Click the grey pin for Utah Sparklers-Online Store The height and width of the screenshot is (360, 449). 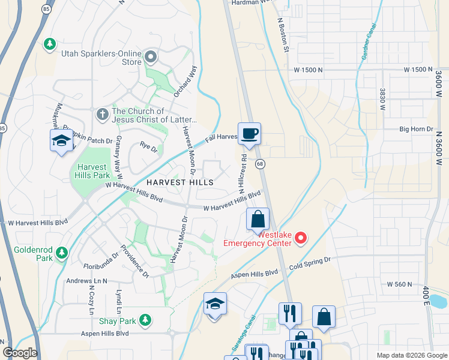[150, 58]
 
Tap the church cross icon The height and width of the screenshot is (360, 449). [102, 113]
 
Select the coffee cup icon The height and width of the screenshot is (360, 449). [249, 133]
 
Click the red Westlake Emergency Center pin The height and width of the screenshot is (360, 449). [301, 239]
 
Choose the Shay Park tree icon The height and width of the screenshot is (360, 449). [144, 320]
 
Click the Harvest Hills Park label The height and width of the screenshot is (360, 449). [92, 171]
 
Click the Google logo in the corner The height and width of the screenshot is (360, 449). [20, 353]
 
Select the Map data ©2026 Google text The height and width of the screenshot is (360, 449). [411, 355]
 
